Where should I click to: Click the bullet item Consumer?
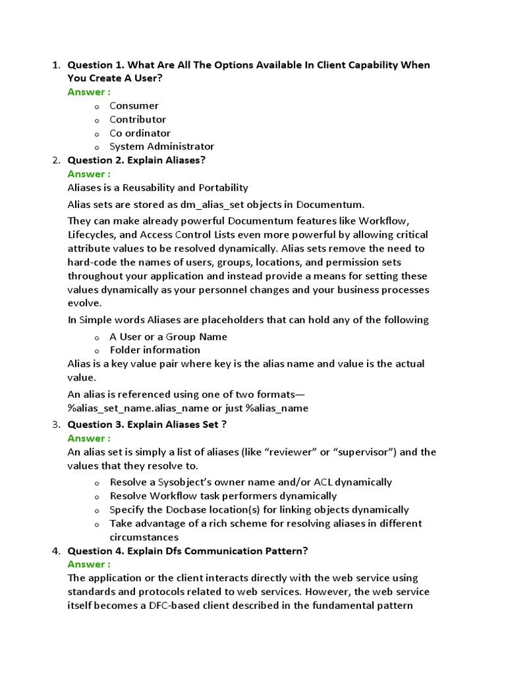(x=134, y=105)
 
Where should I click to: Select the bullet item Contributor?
(x=138, y=119)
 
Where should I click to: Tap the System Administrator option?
(x=161, y=147)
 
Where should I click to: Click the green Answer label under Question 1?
(x=89, y=92)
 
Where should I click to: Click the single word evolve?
(x=84, y=303)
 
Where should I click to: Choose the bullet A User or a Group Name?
(x=168, y=336)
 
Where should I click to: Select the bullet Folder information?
(x=155, y=350)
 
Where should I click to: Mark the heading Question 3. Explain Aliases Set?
(x=147, y=425)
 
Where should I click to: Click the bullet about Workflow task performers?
(x=223, y=496)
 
